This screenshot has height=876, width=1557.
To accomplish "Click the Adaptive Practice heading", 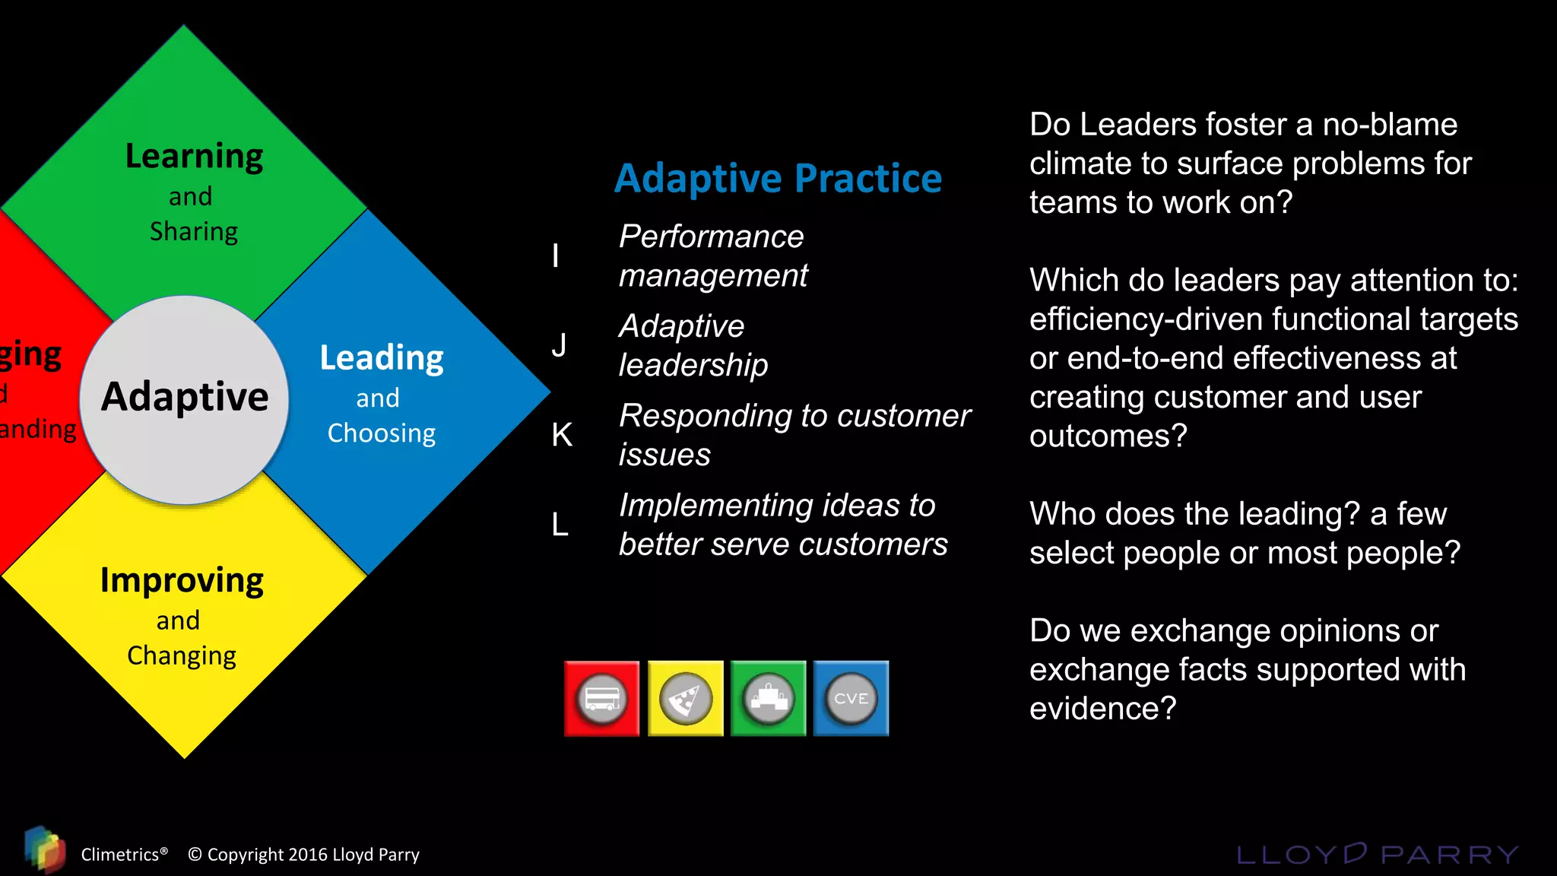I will pyautogui.click(x=778, y=179).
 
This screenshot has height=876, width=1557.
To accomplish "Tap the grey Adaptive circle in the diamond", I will pyautogui.click(x=185, y=398).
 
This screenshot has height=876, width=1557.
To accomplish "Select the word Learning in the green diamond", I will pyautogui.click(x=194, y=157).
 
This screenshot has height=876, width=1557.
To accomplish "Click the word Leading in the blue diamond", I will pyautogui.click(x=381, y=358).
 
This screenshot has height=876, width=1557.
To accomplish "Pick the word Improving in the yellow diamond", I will pyautogui.click(x=182, y=581).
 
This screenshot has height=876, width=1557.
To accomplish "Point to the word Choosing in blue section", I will pyautogui.click(x=381, y=433).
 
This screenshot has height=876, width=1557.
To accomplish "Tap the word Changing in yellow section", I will pyautogui.click(x=182, y=655).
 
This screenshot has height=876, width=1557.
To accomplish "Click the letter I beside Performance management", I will pyautogui.click(x=556, y=255).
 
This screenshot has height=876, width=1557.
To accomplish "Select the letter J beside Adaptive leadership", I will pyautogui.click(x=559, y=345).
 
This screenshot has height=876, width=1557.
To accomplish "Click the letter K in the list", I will pyautogui.click(x=562, y=435).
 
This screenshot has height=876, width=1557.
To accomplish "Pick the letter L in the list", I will pyautogui.click(x=560, y=525).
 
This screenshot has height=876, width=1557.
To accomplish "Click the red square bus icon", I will pyautogui.click(x=601, y=698).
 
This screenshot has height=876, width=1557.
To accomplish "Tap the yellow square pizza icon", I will pyautogui.click(x=685, y=698).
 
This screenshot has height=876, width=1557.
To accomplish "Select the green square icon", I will pyautogui.click(x=768, y=698).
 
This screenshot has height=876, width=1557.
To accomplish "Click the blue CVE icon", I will pyautogui.click(x=851, y=698).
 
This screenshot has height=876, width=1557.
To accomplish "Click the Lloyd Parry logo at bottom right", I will pyautogui.click(x=1377, y=854).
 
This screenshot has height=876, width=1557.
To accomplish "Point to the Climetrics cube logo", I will pyautogui.click(x=44, y=849).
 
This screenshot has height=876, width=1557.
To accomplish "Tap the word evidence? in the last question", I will pyautogui.click(x=1102, y=709).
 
